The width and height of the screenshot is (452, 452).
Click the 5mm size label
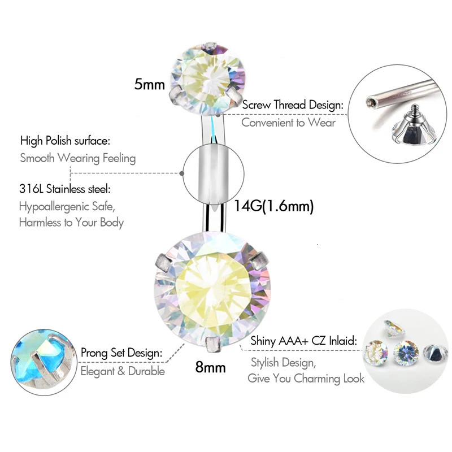pyautogui.click(x=149, y=85)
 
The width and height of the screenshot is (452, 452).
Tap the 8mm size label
pyautogui.click(x=210, y=367)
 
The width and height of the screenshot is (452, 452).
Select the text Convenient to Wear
pyautogui.click(x=288, y=122)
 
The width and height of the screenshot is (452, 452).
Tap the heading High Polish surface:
pyautogui.click(x=65, y=141)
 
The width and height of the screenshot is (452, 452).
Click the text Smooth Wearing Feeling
pyautogui.click(x=78, y=158)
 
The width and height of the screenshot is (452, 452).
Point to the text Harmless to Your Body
pyautogui.click(x=71, y=222)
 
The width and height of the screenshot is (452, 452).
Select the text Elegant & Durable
pyautogui.click(x=123, y=371)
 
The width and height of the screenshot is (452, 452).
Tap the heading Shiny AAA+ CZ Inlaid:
pyautogui.click(x=303, y=341)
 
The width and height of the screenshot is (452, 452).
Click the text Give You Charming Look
pyautogui.click(x=306, y=378)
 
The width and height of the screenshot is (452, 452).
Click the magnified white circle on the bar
pyautogui.click(x=214, y=173)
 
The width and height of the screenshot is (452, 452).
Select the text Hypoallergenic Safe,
pyautogui.click(x=71, y=206)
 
